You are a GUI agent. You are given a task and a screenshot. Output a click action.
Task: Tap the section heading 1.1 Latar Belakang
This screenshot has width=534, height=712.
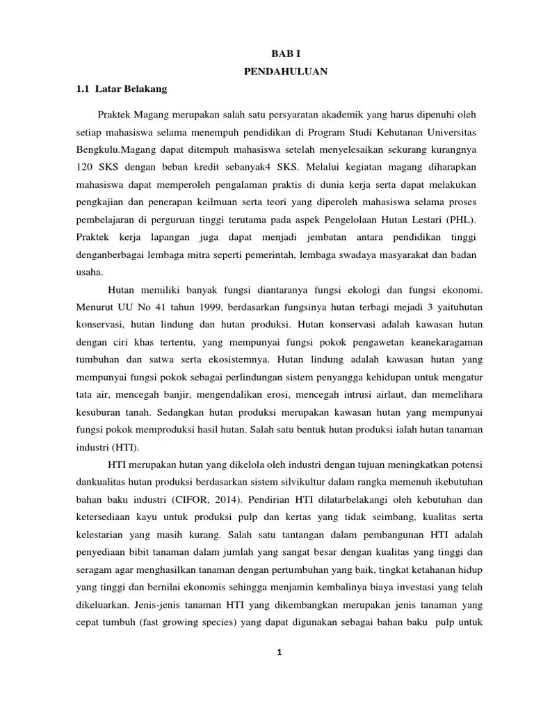121,89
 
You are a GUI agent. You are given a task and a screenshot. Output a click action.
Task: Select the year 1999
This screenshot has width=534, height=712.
197,307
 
